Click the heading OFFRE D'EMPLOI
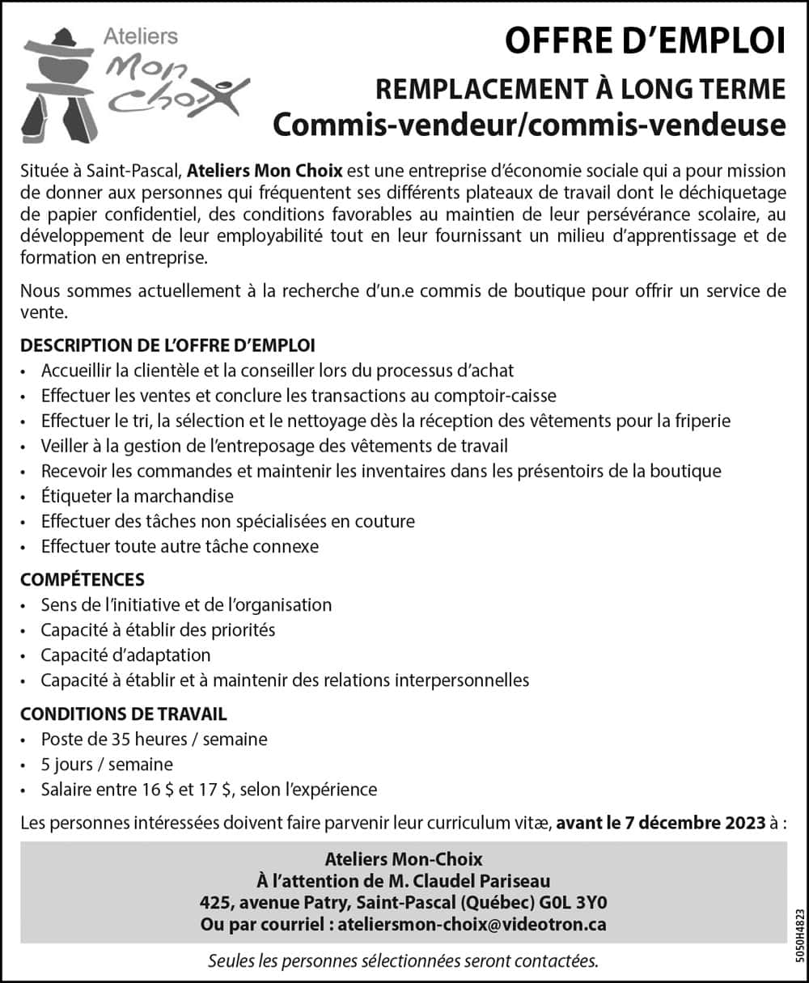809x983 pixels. point(645,41)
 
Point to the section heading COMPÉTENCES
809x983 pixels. point(83,579)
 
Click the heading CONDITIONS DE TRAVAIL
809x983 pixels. point(124,714)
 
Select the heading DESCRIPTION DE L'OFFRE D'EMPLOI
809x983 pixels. point(167,345)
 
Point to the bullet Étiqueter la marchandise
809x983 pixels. point(137,496)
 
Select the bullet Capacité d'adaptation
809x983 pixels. point(125,655)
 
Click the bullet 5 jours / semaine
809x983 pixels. point(107,764)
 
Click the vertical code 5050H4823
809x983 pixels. point(798,934)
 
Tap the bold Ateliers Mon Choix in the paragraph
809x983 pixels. point(265,171)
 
